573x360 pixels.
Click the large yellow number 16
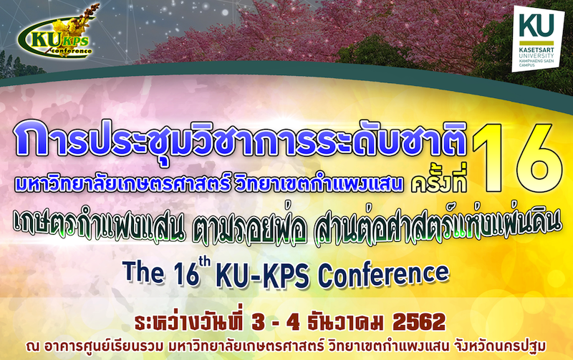(x=516, y=157)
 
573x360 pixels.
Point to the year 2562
(x=419, y=322)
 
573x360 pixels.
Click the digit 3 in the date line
(x=259, y=322)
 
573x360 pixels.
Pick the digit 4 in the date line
(x=293, y=322)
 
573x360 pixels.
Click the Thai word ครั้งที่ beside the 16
(x=439, y=182)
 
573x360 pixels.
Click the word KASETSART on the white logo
(x=536, y=50)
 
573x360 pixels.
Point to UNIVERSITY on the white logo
(x=536, y=56)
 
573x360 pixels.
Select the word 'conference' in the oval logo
(x=70, y=51)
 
